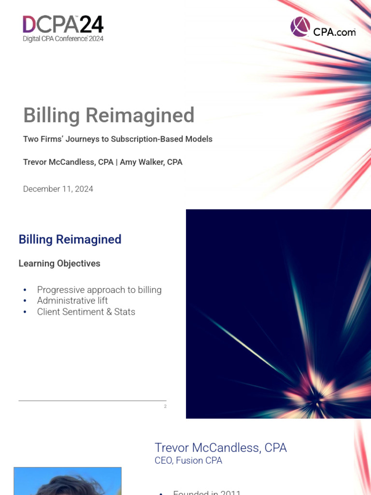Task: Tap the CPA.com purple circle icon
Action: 300,27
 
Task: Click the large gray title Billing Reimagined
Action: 109,116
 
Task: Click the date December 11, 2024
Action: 58,189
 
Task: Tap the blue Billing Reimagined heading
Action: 70,239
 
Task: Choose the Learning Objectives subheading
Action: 59,263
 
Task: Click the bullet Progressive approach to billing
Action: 99,290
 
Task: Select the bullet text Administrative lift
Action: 72,301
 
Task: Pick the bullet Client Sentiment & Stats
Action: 86,312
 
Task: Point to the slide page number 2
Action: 165,407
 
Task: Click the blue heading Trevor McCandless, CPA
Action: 220,448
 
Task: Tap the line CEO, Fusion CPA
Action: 188,461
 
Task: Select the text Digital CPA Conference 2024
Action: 63,39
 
